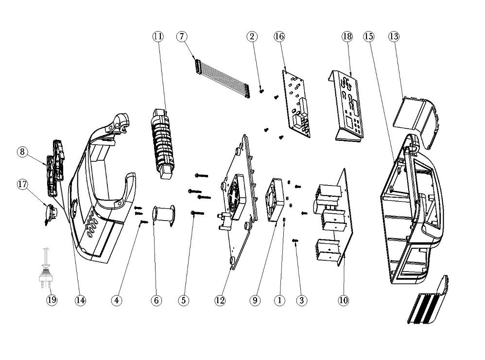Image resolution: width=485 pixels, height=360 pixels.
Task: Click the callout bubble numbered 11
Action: [x=157, y=36]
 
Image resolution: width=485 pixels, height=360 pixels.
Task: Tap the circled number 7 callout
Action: [x=182, y=36]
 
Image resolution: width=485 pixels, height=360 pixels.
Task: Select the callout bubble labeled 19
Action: [x=52, y=300]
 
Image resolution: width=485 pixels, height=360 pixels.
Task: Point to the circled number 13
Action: [x=394, y=36]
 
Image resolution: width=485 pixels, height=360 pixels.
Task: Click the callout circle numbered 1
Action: [x=279, y=300]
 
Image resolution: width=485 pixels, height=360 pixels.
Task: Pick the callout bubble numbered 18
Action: [x=346, y=36]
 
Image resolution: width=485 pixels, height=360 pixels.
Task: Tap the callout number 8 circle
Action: [x=22, y=152]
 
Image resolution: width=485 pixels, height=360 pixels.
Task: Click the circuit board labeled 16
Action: [x=296, y=103]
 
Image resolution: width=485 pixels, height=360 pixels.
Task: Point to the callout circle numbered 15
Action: [x=369, y=36]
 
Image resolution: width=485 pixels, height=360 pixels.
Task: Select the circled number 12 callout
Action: [x=220, y=300]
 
